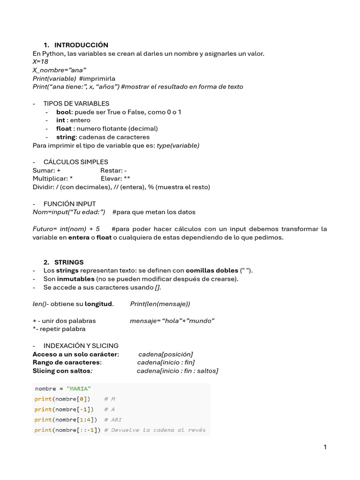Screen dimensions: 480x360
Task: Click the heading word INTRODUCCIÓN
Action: pyautogui.click(x=81, y=45)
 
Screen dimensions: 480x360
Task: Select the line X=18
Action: pyautogui.click(x=40, y=61)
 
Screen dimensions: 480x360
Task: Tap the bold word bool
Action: pyautogui.click(x=63, y=112)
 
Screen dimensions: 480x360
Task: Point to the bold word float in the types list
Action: pyautogui.click(x=64, y=128)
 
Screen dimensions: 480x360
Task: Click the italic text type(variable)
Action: pyautogui.click(x=178, y=145)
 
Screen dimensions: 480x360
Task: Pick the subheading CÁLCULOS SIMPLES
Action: pyautogui.click(x=76, y=162)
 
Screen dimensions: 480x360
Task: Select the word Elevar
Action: pyautogui.click(x=112, y=179)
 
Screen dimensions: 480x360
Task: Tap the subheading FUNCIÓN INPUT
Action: pyautogui.click(x=69, y=204)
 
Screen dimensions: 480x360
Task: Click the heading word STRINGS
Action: pyautogui.click(x=69, y=262)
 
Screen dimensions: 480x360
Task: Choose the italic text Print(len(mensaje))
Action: pyautogui.click(x=160, y=304)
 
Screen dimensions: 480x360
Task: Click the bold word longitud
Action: pyautogui.click(x=98, y=304)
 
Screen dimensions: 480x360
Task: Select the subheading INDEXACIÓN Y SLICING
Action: pyautogui.click(x=81, y=345)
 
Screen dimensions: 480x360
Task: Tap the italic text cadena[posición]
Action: pyautogui.click(x=165, y=354)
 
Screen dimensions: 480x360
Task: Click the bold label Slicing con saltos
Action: pyautogui.click(x=61, y=371)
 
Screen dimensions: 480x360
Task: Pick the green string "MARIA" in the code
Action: pyautogui.click(x=79, y=389)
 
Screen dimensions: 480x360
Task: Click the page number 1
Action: pyautogui.click(x=325, y=447)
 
